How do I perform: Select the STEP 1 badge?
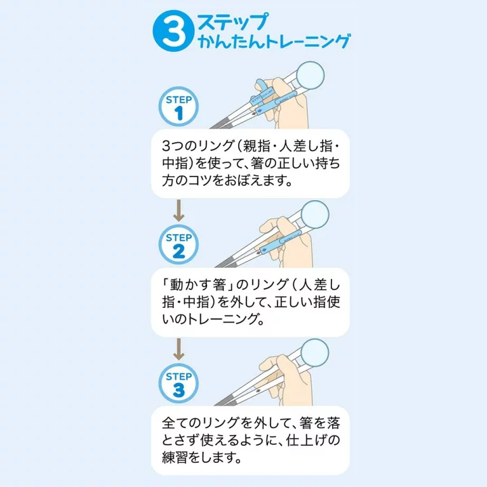pos(179,108)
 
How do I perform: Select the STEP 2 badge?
pos(179,246)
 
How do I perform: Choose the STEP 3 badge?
pos(179,384)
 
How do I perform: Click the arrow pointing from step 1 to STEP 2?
pos(179,210)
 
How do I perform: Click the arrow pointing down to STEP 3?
pos(179,349)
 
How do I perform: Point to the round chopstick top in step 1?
pos(312,74)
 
